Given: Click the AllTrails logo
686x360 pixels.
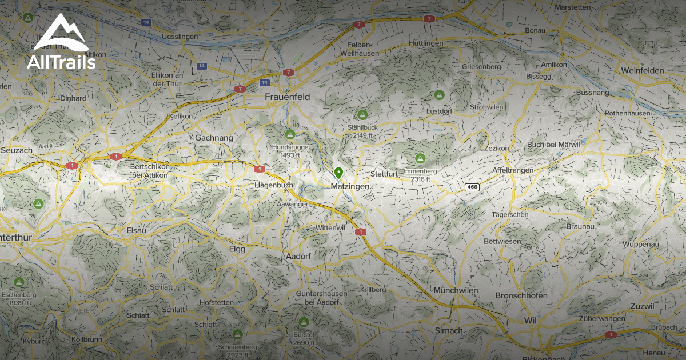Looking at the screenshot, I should pos(61,42).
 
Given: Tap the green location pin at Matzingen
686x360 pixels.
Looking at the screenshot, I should pos(338,173).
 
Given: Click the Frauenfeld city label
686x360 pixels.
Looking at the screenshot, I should pos(287,97).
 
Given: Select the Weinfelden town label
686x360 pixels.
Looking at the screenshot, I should pos(642,70).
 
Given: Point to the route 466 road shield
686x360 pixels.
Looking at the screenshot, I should pos(472,187).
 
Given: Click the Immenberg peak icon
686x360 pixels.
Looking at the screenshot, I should pos(420,158).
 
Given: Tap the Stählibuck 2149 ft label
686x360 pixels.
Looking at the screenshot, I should pos(362,131).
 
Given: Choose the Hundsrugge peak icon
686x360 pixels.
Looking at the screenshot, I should pos(290,134).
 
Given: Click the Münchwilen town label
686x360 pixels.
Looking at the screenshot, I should pos(456,290).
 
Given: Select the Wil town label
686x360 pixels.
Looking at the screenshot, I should pos(529,321).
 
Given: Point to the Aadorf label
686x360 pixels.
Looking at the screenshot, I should pos(297,257).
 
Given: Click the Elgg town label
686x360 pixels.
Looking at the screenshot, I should pos(237,249).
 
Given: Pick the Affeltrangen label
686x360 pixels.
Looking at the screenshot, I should pos(513,170).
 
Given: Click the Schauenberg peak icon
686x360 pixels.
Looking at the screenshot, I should pos(237,334).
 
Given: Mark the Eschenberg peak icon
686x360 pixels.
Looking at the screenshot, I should pos(19,282).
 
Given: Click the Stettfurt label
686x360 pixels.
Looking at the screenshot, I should pos(384,173).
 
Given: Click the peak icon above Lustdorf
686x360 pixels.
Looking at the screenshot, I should pos(439,94).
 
